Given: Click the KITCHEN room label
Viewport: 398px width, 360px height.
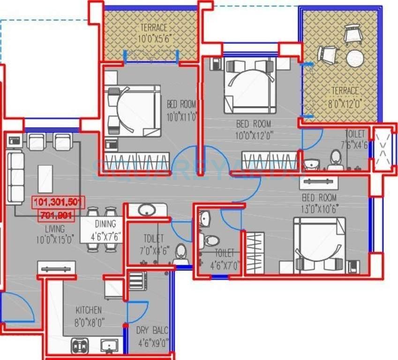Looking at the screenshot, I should pos(88,310).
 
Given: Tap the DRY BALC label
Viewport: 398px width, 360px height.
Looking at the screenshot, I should pos(152,330).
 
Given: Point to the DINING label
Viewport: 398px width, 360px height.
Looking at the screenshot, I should pos(105,224).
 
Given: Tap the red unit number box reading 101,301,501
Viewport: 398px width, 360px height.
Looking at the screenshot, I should pos(58,202).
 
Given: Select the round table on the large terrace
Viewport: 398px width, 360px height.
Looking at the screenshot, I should pos(355,58).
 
